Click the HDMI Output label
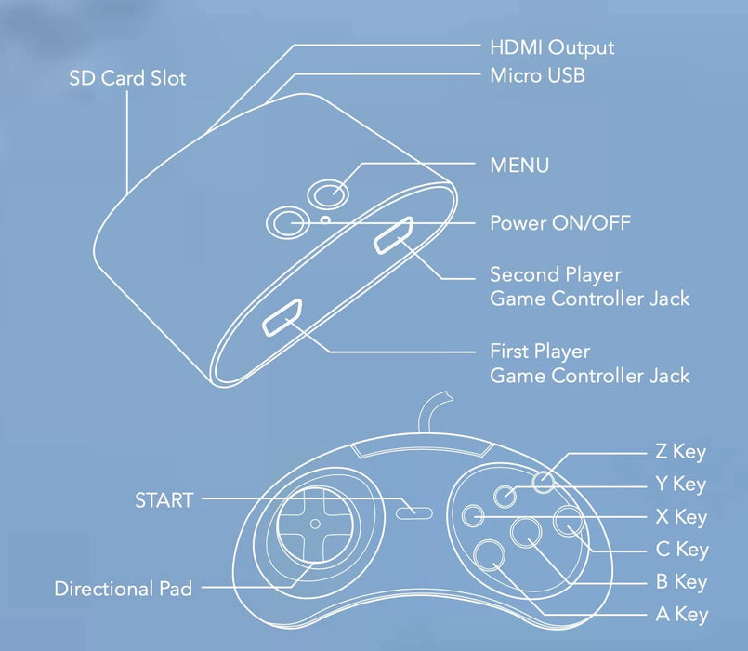pyautogui.click(x=552, y=47)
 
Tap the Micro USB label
pyautogui.click(x=537, y=75)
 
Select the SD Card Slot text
pyautogui.click(x=127, y=78)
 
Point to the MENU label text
pyautogui.click(x=519, y=166)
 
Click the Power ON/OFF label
pyautogui.click(x=560, y=222)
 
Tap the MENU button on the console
pyautogui.click(x=328, y=193)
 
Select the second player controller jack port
pyautogui.click(x=393, y=235)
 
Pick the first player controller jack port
pyautogui.click(x=282, y=318)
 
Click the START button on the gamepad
pyautogui.click(x=414, y=513)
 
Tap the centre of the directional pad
pyautogui.click(x=315, y=524)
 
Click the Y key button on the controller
pyautogui.click(x=505, y=497)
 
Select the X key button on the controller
pyautogui.click(x=473, y=516)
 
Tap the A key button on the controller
pyautogui.click(x=490, y=555)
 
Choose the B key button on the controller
pyautogui.click(x=526, y=533)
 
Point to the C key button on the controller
pyautogui.click(x=568, y=521)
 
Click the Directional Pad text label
pyautogui.click(x=123, y=589)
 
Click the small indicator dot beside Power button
pyautogui.click(x=326, y=219)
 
